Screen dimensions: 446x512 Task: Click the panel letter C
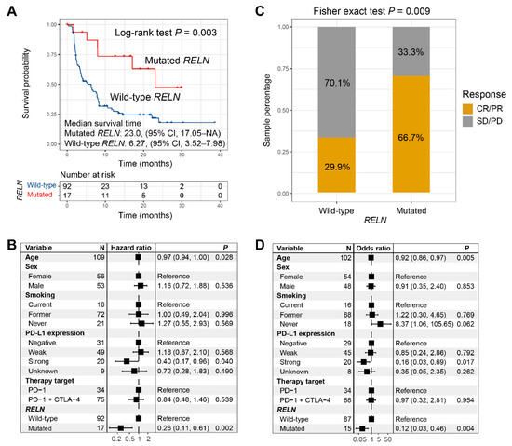click(x=265, y=7)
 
